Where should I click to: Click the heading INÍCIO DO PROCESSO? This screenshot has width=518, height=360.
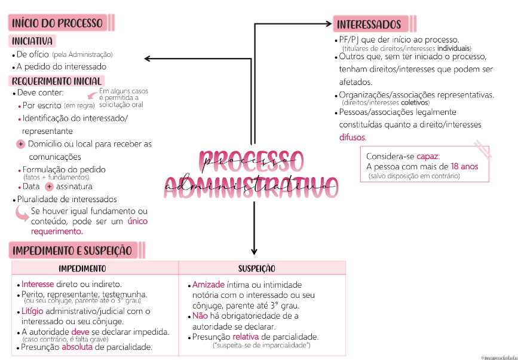[57, 24]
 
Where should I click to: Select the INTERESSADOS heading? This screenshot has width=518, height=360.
[369, 25]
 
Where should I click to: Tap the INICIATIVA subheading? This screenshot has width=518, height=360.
[32, 41]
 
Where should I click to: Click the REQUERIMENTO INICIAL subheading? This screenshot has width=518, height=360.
[57, 81]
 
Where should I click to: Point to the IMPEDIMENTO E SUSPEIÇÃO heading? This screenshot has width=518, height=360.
[72, 250]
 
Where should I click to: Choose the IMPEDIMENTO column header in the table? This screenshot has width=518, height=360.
[82, 269]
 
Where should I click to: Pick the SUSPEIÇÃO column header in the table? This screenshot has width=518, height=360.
[257, 269]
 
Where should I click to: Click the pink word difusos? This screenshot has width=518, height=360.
[353, 138]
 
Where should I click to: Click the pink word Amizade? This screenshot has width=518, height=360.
[208, 285]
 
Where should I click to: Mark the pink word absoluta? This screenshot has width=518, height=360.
[77, 347]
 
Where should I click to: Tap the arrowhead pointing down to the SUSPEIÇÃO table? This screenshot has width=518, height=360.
[255, 252]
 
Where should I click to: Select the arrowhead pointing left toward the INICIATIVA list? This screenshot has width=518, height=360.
[147, 58]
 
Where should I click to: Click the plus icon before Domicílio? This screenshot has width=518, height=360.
[20, 144]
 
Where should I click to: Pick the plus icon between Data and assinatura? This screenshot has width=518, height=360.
[50, 187]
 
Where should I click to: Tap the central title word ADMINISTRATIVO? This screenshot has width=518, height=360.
[251, 184]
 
